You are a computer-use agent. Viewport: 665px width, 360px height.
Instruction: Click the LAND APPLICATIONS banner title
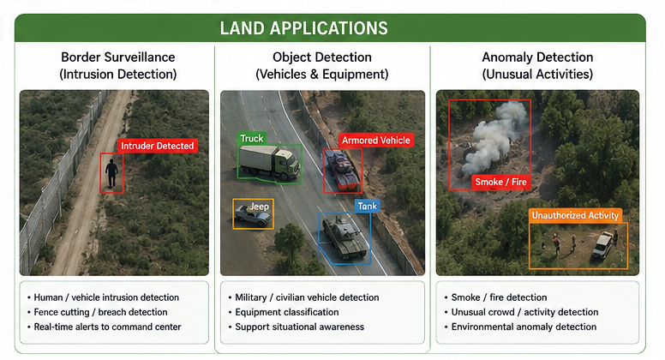[303, 28]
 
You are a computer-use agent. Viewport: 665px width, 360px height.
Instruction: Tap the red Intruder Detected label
[158, 146]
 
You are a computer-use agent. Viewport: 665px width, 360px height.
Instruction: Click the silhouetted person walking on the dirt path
[111, 173]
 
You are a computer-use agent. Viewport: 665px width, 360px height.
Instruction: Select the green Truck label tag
[252, 139]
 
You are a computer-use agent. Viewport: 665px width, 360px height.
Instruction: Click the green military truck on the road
[269, 162]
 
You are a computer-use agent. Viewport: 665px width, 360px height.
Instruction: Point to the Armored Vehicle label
[375, 141]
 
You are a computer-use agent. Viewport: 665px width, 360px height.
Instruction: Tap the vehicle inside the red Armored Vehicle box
[342, 171]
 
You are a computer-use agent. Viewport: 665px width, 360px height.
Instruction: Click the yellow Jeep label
[259, 207]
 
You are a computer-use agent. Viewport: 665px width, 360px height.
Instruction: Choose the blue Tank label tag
[368, 206]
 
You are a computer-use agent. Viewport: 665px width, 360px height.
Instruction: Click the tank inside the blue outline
[344, 237]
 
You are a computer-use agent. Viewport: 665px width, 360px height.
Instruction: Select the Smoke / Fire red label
[500, 183]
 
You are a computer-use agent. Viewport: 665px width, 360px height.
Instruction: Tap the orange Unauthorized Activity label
[575, 215]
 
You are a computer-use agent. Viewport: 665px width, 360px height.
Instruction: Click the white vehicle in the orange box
[602, 244]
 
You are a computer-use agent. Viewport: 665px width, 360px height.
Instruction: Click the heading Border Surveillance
[118, 57]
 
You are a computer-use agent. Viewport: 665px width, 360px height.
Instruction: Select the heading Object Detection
[322, 57]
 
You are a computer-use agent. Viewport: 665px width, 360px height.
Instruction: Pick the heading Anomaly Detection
[537, 57]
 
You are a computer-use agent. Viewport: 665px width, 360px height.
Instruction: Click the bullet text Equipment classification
[287, 312]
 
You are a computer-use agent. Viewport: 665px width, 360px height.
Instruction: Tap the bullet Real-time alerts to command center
[107, 327]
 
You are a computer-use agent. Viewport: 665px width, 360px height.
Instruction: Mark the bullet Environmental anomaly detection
[524, 327]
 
